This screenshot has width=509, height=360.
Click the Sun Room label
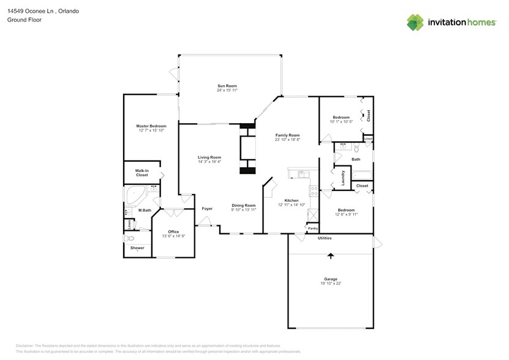click(x=227, y=86)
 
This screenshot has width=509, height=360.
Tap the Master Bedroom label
click(x=151, y=126)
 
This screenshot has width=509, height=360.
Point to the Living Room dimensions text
click(x=209, y=162)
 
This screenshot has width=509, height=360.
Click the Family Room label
click(x=287, y=135)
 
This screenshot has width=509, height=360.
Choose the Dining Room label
click(x=243, y=205)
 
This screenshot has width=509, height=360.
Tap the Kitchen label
click(x=291, y=200)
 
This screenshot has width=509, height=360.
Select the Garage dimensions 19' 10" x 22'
click(x=331, y=283)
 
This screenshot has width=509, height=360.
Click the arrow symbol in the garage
click(x=331, y=256)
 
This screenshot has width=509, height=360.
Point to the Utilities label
click(x=325, y=238)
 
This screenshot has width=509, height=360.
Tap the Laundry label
click(x=343, y=178)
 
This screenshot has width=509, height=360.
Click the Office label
click(x=173, y=231)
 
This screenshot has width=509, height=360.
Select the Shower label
click(x=137, y=248)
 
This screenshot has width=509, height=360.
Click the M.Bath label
click(x=145, y=211)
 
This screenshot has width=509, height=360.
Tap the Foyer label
click(x=207, y=209)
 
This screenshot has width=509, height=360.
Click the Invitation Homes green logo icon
click(x=416, y=23)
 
